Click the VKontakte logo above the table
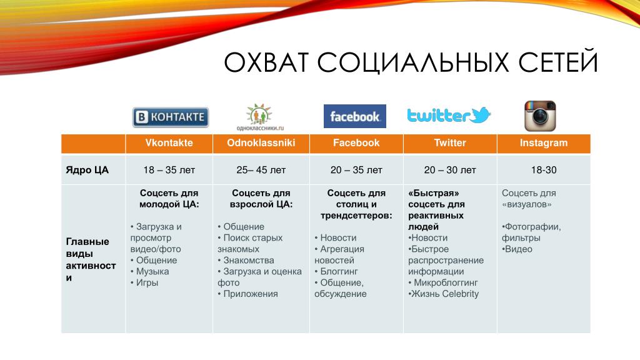point(171,117)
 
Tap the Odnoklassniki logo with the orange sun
point(260,117)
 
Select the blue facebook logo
point(355,116)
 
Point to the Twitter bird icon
point(480,115)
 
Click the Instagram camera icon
point(540,116)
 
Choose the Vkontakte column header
point(169,143)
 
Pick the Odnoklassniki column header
point(261,143)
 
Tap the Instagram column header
point(544,143)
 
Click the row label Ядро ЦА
point(87,170)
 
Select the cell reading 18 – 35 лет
point(169,170)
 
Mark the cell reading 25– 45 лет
point(261,170)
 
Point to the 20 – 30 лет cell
point(450,170)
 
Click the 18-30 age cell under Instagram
point(544,170)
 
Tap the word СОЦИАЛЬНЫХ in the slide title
point(413,62)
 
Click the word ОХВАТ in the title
point(266,62)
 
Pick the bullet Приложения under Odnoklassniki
point(247,294)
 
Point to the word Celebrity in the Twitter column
point(461,294)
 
